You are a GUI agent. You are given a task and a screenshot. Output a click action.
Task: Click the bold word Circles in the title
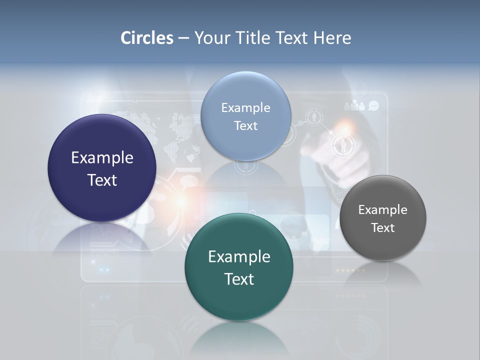coord(146,38)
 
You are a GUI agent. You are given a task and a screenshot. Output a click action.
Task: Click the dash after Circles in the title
coord(183,38)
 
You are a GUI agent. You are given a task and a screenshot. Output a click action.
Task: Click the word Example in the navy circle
coord(102,158)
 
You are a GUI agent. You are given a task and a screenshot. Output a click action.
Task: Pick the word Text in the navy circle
coord(102,180)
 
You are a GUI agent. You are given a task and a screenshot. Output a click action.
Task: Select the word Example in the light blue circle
coord(245,108)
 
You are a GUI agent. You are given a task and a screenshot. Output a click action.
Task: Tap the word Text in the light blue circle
coord(245,125)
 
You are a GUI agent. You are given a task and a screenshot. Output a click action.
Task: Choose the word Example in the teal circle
coord(239,257)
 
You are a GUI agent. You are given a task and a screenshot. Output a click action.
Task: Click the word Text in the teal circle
coord(239,279)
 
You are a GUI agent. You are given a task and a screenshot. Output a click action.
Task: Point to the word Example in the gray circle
coord(382,210)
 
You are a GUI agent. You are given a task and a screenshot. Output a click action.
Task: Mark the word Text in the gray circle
coord(382,228)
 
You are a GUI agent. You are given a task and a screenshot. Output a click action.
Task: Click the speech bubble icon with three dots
coord(373,105)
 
